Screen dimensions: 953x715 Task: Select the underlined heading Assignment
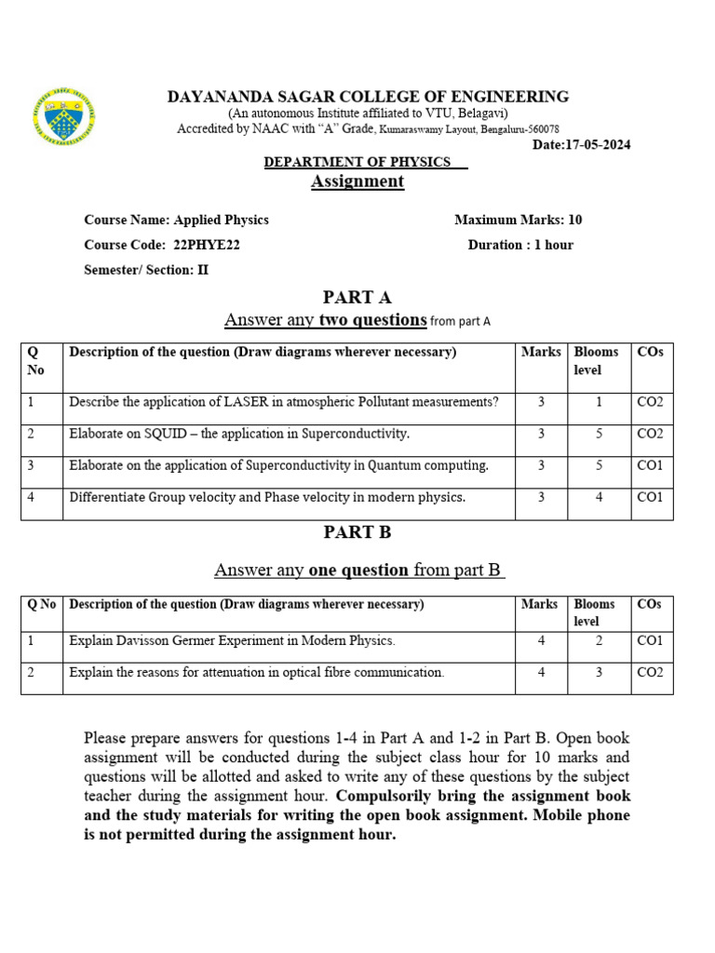357,181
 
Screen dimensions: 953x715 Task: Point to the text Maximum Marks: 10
518,220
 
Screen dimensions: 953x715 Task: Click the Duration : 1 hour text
520,245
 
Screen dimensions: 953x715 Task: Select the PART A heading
357,298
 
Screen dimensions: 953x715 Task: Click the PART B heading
357,532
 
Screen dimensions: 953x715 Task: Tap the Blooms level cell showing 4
599,497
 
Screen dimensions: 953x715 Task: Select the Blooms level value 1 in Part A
599,402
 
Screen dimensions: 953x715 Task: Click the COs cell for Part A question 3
649,465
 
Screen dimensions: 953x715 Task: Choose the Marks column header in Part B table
539,604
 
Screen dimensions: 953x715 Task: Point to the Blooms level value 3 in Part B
599,672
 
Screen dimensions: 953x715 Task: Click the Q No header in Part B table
42,604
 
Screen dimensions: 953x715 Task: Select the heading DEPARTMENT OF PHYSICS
357,162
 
